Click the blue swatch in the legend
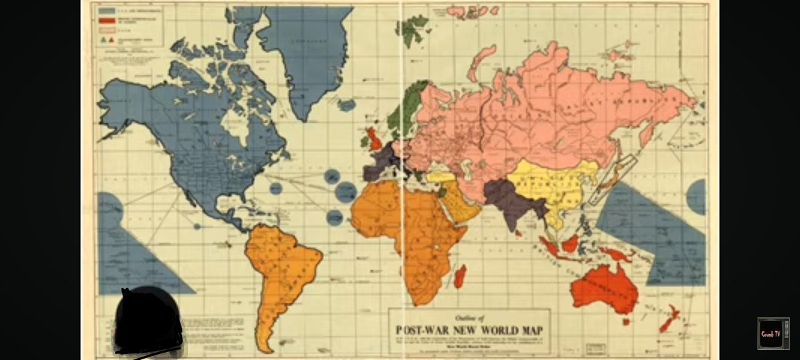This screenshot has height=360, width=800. (x=105, y=11)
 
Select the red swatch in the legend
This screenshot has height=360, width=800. (x=105, y=21)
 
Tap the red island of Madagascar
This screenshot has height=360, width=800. (x=460, y=275)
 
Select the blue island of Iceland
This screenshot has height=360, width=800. (x=346, y=105)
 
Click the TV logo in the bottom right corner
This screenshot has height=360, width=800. (x=773, y=333)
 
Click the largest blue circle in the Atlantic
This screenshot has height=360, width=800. (x=346, y=191)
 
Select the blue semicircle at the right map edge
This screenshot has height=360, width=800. (x=697, y=197)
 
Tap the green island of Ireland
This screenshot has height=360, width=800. (x=364, y=141)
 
